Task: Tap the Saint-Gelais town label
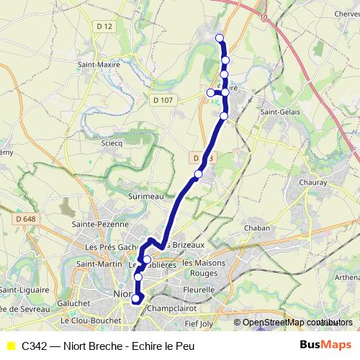point(280,112)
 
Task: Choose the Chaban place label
point(257,228)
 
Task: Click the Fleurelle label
point(199,289)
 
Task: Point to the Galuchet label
point(76,303)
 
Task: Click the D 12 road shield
point(105,27)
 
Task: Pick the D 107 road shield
point(163,99)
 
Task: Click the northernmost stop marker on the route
point(219,38)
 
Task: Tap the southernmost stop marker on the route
point(135,300)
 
